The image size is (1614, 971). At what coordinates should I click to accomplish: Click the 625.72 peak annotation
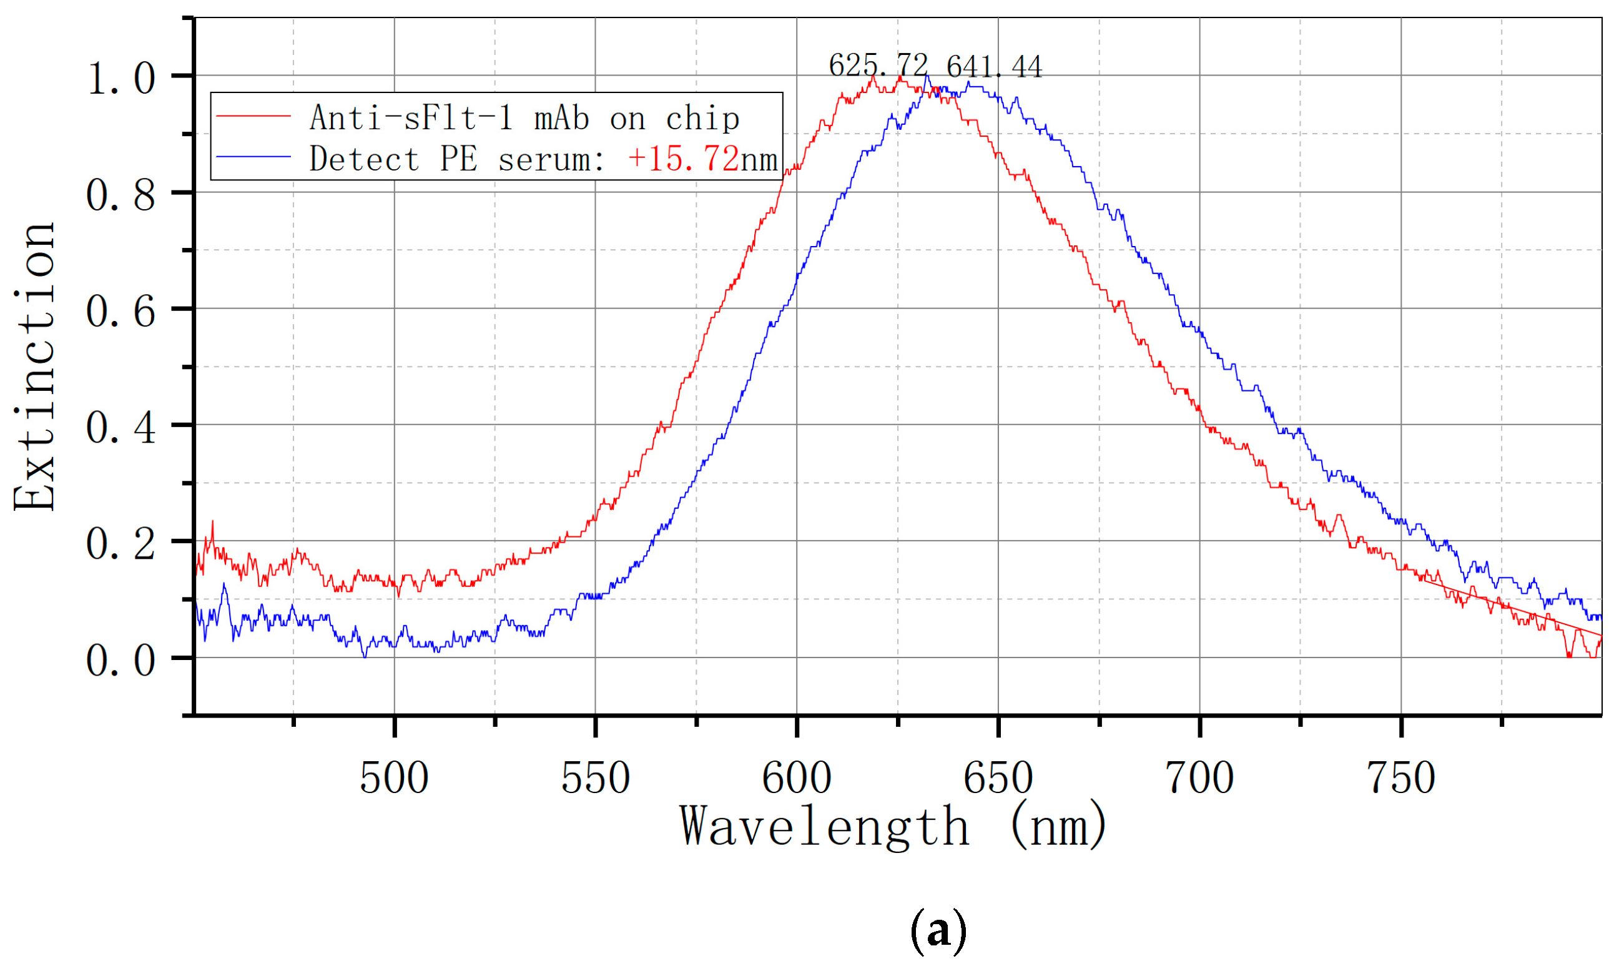pyautogui.click(x=877, y=66)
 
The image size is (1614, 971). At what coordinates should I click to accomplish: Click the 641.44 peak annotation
pyautogui.click(x=994, y=67)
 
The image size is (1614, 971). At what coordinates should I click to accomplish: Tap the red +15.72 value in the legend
pyautogui.click(x=683, y=159)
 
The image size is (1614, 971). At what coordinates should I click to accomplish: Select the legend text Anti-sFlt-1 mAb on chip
pyautogui.click(x=524, y=119)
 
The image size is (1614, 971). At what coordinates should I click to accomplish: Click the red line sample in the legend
pyautogui.click(x=253, y=116)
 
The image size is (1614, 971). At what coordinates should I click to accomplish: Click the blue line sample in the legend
pyautogui.click(x=253, y=157)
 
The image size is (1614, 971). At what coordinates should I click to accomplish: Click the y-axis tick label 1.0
pyautogui.click(x=121, y=79)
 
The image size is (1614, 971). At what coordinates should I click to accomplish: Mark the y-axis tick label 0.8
pyautogui.click(x=121, y=195)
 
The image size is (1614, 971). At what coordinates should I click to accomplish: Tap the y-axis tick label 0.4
pyautogui.click(x=121, y=428)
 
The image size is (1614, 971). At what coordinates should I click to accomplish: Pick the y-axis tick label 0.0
pyautogui.click(x=121, y=660)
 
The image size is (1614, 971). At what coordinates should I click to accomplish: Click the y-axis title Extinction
pyautogui.click(x=34, y=367)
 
